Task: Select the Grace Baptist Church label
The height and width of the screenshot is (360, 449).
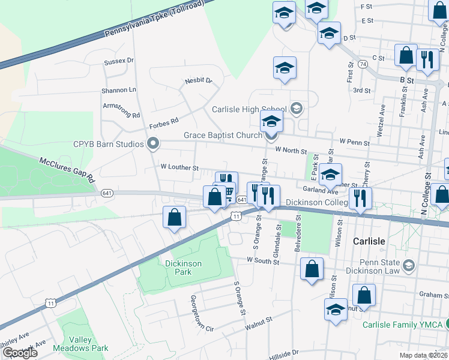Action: [223, 136]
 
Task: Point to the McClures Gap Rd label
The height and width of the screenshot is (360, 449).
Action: [67, 170]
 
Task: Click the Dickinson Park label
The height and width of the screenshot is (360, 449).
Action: [183, 268]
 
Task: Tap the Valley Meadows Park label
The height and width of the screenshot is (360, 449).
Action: [80, 344]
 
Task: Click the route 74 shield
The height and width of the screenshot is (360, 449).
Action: [362, 63]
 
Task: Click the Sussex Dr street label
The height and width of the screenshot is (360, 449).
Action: [118, 61]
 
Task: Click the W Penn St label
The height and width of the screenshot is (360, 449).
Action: [354, 141]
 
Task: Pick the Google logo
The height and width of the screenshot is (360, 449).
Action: [20, 353]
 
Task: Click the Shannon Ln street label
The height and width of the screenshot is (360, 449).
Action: [119, 90]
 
